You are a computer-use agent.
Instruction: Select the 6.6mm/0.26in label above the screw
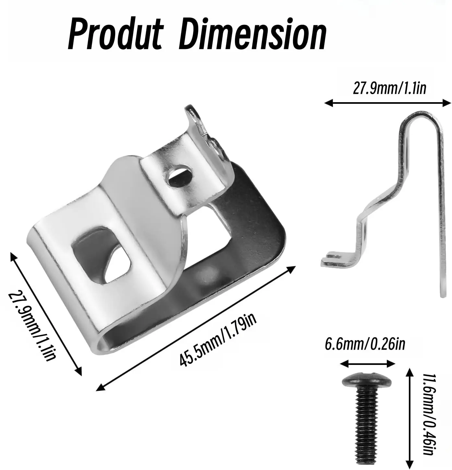(365, 344)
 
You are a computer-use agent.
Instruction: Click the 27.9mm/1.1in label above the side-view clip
(389, 89)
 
